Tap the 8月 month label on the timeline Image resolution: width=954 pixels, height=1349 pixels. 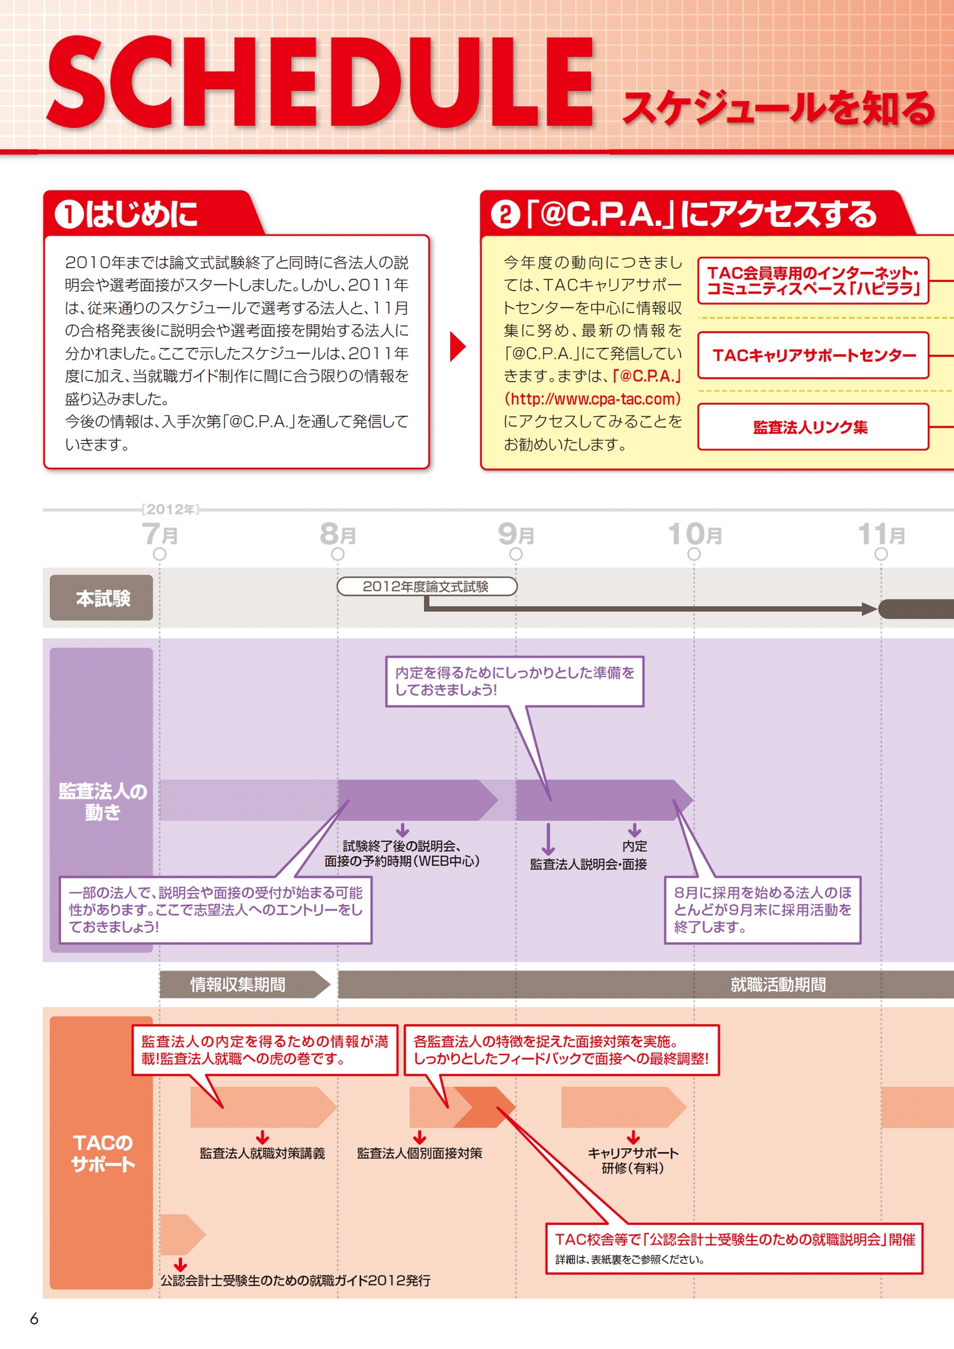pyautogui.click(x=338, y=534)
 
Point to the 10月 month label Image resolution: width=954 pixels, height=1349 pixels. pyautogui.click(x=695, y=534)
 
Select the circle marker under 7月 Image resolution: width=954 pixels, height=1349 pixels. pyautogui.click(x=160, y=554)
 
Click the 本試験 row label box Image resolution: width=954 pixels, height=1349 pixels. pyautogui.click(x=102, y=598)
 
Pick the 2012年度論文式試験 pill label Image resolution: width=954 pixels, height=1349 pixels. pyautogui.click(x=426, y=587)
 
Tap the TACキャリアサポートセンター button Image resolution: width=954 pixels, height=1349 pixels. pyautogui.click(x=813, y=355)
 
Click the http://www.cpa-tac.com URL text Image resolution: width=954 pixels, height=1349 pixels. pyautogui.click(x=592, y=399)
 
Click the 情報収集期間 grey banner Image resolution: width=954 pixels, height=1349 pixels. pyautogui.click(x=238, y=985)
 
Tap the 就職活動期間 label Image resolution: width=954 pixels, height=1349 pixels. pyautogui.click(x=778, y=985)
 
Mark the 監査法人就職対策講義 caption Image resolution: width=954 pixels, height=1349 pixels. pyautogui.click(x=263, y=1153)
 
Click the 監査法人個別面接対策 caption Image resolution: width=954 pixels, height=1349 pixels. pyautogui.click(x=420, y=1153)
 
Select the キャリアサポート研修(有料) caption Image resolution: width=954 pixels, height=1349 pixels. pyautogui.click(x=633, y=1161)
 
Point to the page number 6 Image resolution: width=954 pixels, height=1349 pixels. pyautogui.click(x=34, y=1319)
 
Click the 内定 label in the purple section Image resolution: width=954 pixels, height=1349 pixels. pyautogui.click(x=635, y=846)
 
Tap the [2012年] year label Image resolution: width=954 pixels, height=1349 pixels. pyautogui.click(x=170, y=510)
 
